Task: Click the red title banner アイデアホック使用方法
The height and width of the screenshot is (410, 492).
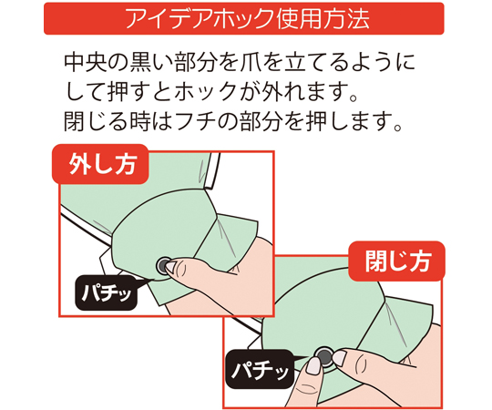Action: pyautogui.click(x=244, y=18)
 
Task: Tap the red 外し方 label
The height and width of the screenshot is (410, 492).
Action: pyautogui.click(x=100, y=164)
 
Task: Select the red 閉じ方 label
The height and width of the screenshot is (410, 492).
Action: pyautogui.click(x=396, y=261)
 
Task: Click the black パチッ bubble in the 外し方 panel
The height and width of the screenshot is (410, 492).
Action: pyautogui.click(x=107, y=293)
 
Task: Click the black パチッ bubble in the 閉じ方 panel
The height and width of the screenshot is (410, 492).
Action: pyautogui.click(x=260, y=369)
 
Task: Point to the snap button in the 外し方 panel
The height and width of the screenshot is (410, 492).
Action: pyautogui.click(x=164, y=266)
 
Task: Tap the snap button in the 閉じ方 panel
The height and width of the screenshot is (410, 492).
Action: pyautogui.click(x=324, y=356)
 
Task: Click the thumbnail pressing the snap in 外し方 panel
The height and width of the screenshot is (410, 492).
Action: pyautogui.click(x=171, y=267)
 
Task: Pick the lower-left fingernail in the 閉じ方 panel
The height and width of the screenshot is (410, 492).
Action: pyautogui.click(x=313, y=365)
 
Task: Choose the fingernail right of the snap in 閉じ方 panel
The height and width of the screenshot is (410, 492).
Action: pyautogui.click(x=339, y=358)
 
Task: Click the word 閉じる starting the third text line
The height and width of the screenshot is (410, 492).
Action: pyautogui.click(x=94, y=121)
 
